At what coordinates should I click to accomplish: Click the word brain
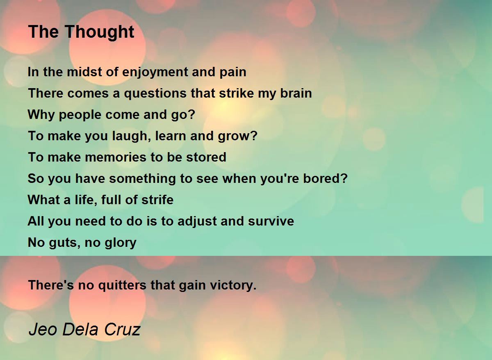click(x=296, y=93)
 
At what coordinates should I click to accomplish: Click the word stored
click(x=206, y=157)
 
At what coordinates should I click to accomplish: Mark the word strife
click(x=157, y=200)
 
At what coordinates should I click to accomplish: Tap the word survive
click(x=271, y=221)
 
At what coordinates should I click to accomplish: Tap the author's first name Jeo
click(x=43, y=330)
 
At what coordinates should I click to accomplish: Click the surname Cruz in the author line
click(x=122, y=330)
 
